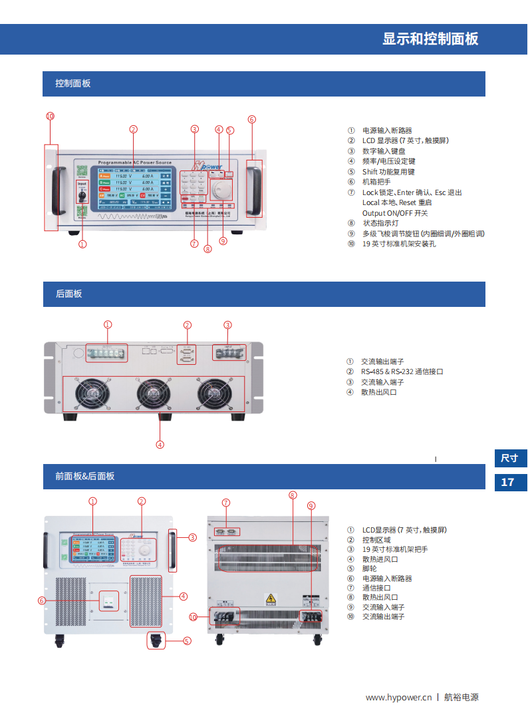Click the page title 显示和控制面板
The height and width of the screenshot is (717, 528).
pos(430,39)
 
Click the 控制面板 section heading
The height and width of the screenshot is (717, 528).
pos(72,84)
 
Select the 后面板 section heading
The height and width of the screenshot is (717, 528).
pos(68,294)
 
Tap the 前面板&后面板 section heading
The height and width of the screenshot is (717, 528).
pos(84,476)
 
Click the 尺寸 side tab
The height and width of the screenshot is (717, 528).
pos(509,458)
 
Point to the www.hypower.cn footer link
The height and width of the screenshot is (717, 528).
pos(399,697)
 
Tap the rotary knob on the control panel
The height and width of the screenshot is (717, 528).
pos(221,190)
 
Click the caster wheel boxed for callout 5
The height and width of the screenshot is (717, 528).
pos(157,640)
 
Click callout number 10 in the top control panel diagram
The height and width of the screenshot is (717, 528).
pos(50,116)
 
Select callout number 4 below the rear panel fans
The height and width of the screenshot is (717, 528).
pos(160,444)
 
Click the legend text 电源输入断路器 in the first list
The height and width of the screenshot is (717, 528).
pos(387,130)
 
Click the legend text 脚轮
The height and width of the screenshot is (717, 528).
pos(369,569)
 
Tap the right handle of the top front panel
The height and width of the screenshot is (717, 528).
pos(253,188)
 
